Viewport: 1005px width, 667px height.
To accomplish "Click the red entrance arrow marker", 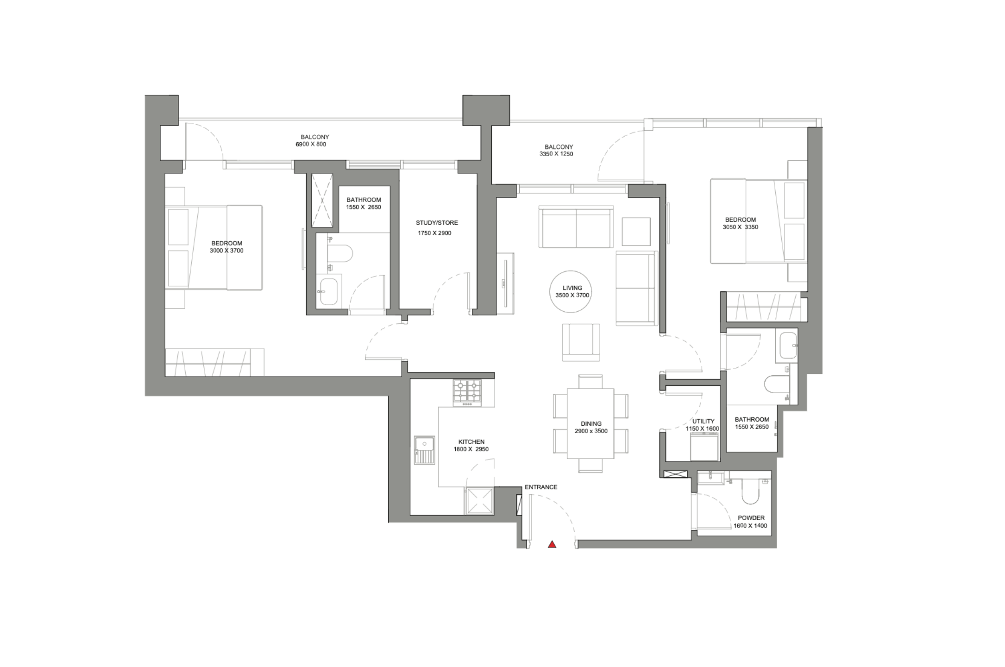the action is (x=552, y=544).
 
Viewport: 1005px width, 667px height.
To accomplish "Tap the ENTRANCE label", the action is (x=541, y=487).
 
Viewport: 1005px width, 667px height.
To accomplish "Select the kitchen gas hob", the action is (x=467, y=393).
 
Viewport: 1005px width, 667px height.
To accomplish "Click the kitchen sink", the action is (x=425, y=450).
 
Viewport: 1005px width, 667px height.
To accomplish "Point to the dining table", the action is (x=590, y=423).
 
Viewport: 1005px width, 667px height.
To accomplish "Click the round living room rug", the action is (x=571, y=292).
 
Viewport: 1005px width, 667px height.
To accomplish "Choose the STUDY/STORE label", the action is (x=437, y=223).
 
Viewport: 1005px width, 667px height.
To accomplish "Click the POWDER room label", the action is (x=751, y=518).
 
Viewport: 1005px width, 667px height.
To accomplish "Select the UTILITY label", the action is (x=703, y=421).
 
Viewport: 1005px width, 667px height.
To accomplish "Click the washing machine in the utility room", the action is (x=704, y=447).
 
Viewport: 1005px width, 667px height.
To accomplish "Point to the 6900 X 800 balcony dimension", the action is (x=311, y=145).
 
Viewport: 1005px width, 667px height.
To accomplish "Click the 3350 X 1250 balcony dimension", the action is (x=556, y=154).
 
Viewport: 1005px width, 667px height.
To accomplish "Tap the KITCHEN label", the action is (x=471, y=442).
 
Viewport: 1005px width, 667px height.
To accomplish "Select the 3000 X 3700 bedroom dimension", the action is (x=226, y=251).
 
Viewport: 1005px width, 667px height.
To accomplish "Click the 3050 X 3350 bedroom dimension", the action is (x=740, y=227).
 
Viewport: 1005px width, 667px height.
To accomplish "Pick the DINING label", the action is (x=591, y=424).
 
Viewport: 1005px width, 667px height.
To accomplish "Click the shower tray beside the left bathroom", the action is (x=322, y=201).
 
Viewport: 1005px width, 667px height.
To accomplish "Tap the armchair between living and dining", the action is (x=581, y=342).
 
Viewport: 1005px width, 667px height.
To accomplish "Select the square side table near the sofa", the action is (x=636, y=232).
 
